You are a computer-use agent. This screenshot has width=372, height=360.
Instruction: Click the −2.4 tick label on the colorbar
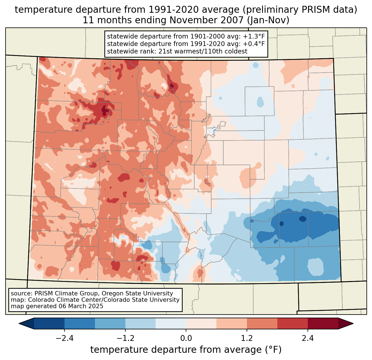coord(64,338)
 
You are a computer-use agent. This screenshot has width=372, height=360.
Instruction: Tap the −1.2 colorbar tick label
coord(125,338)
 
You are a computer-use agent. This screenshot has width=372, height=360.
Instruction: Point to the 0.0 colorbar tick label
coord(186,338)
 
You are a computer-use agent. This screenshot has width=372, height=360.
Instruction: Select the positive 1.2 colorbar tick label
coord(247,338)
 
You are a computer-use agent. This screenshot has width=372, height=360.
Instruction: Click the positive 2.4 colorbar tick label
coord(308,338)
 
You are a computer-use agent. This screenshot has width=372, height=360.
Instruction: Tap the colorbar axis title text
coord(186,350)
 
